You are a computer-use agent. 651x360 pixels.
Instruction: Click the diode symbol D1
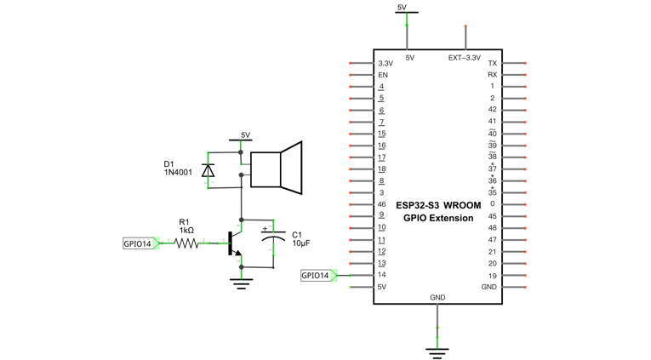[x=208, y=170]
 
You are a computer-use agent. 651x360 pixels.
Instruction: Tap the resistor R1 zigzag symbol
[x=186, y=243]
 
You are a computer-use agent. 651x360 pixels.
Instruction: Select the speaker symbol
[x=276, y=168]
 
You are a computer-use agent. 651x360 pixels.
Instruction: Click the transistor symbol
[x=234, y=243]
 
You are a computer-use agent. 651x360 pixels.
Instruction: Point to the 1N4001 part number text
[x=178, y=172]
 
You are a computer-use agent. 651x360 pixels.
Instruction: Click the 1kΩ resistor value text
[x=186, y=230]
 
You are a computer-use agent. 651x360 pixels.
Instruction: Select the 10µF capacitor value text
[x=301, y=243]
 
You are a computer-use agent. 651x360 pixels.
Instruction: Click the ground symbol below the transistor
[x=241, y=284]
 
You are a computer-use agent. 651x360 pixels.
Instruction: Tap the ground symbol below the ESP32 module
[x=437, y=352]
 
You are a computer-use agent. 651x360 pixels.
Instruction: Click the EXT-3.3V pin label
[x=465, y=58]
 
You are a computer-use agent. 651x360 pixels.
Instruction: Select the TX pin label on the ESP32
[x=493, y=63]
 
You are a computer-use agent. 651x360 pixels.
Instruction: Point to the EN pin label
[x=383, y=75]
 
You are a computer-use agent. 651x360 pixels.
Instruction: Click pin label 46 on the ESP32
[x=381, y=204]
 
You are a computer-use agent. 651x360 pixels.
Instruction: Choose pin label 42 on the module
[x=492, y=110]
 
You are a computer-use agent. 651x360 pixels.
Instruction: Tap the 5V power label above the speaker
[x=245, y=135]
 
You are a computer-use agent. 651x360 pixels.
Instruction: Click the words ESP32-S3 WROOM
[x=438, y=205]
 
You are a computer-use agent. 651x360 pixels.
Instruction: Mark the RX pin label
[x=493, y=75]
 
